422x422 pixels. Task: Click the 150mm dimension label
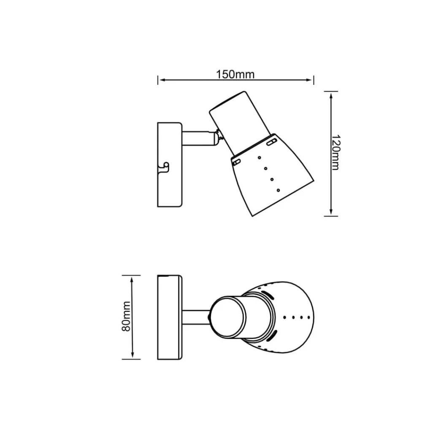(x=235, y=75)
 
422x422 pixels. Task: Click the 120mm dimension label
(x=335, y=152)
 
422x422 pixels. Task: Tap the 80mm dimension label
(x=126, y=316)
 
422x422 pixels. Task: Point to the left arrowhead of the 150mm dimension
(x=162, y=80)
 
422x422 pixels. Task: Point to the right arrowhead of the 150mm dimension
(x=309, y=80)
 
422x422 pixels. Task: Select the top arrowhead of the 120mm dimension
(x=331, y=95)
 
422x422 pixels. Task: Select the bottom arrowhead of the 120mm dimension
(x=331, y=212)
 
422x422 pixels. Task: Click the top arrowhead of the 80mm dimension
(x=132, y=280)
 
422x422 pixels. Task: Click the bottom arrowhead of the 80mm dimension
(x=132, y=354)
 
